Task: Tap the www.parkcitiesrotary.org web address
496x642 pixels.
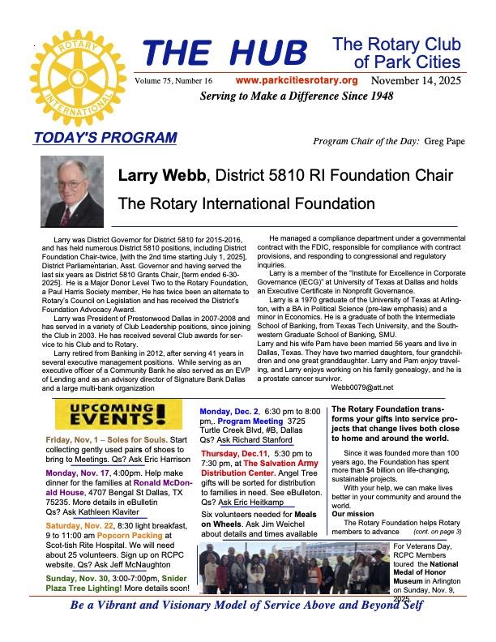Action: click(x=297, y=81)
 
